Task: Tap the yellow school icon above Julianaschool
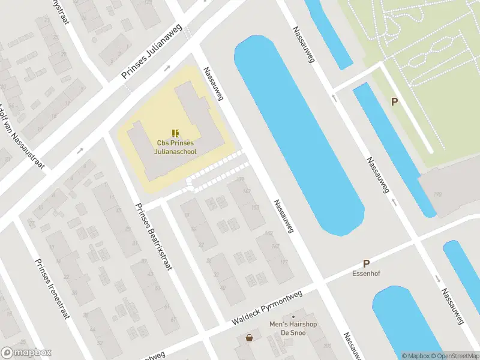(x=175, y=133)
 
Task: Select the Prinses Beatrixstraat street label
(x=154, y=236)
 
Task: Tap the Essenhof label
(x=366, y=274)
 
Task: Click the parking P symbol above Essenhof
(x=366, y=263)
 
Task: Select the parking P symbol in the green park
(x=394, y=102)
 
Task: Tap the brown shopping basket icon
(x=249, y=338)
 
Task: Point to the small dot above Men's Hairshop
(x=293, y=316)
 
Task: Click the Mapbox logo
(x=26, y=353)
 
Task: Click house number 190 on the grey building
(x=437, y=194)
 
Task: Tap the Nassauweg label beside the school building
(x=213, y=83)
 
